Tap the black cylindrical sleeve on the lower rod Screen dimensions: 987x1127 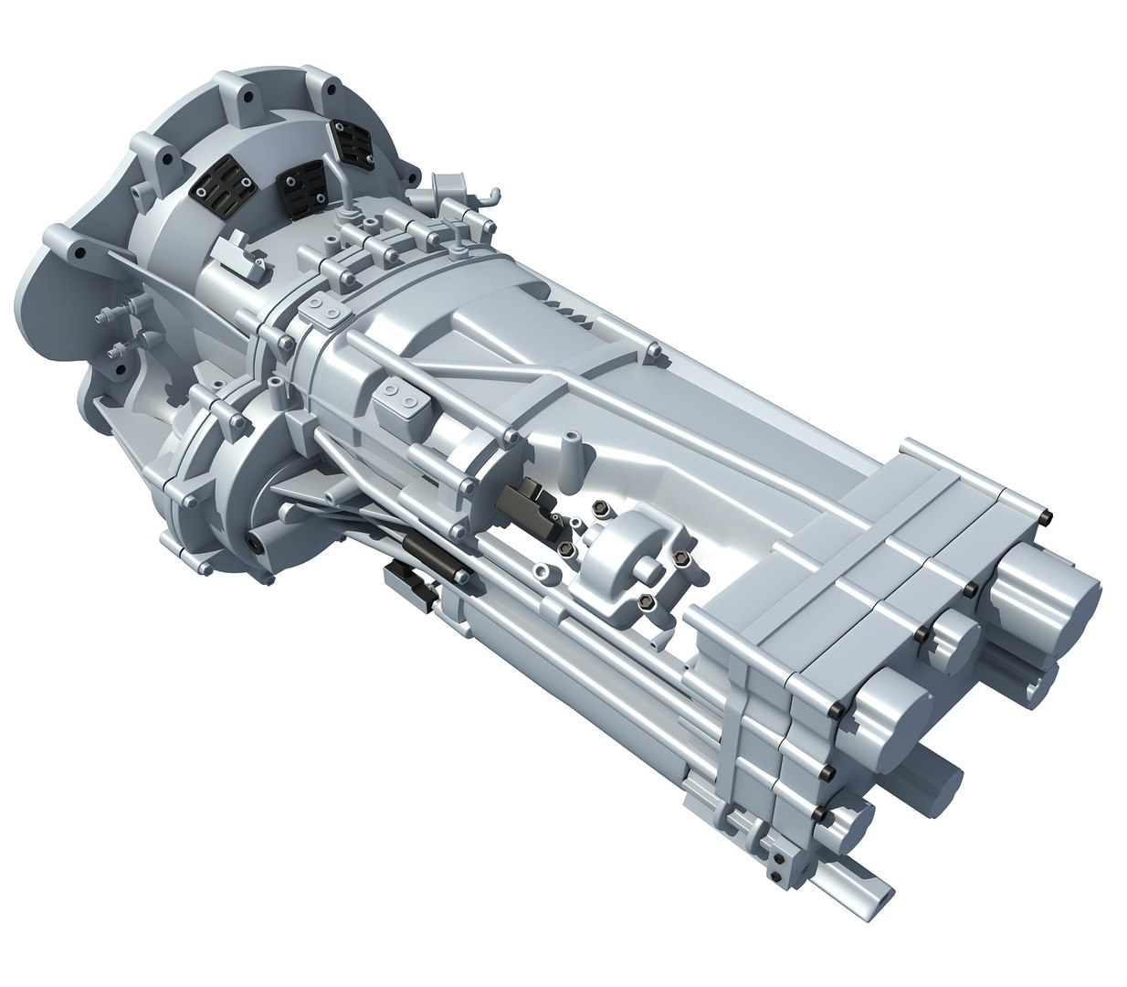tap(433, 554)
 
